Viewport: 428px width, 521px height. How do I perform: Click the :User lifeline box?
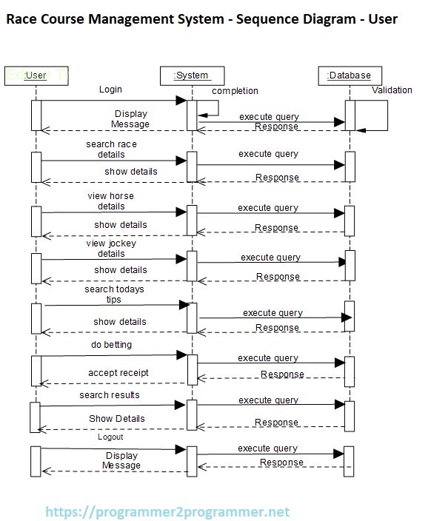36,75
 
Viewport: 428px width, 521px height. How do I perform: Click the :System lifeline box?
191,75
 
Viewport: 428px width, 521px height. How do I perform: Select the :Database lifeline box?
349,75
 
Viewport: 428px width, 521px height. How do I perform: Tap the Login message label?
110,90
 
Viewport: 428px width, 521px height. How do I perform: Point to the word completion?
235,91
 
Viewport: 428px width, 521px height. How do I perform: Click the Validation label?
392,90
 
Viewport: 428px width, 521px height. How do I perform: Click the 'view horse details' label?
111,201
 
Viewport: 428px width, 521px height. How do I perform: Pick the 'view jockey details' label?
111,248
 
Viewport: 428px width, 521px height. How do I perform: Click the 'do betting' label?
111,345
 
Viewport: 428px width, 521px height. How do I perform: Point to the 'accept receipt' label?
118,373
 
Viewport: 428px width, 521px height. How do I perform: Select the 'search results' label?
110,395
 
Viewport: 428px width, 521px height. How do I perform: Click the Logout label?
110,437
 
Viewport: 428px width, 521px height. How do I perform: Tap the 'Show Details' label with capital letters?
117,418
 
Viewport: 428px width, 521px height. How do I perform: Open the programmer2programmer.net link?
167,511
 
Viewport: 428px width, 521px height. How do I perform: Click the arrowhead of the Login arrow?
181,101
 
